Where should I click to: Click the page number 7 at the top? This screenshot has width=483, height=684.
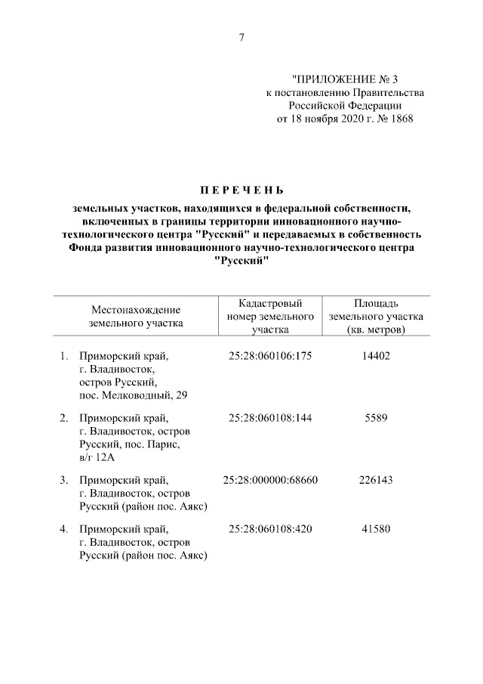click(241, 38)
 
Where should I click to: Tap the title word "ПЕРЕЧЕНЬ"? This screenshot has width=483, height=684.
click(241, 188)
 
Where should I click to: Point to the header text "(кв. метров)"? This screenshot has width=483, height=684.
click(376, 330)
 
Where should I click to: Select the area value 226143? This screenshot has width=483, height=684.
click(376, 480)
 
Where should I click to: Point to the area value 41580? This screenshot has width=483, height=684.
click(376, 528)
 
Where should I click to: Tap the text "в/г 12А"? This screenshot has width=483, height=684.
click(97, 457)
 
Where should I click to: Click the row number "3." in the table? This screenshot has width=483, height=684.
click(65, 480)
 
